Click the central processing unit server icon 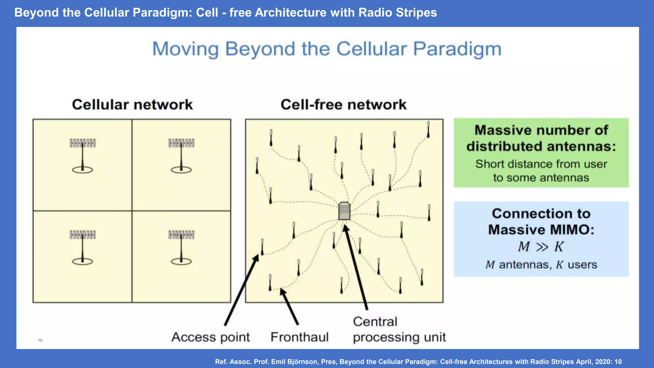[344, 211]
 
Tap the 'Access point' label [210, 337]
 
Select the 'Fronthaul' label [299, 337]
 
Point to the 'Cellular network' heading [132, 105]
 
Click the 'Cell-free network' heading [343, 105]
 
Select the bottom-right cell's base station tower [181, 248]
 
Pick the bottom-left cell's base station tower [82, 248]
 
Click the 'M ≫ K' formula [541, 247]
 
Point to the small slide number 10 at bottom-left [40, 340]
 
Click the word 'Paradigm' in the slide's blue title [457, 49]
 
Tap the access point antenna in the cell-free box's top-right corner [428, 129]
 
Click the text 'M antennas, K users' [541, 265]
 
